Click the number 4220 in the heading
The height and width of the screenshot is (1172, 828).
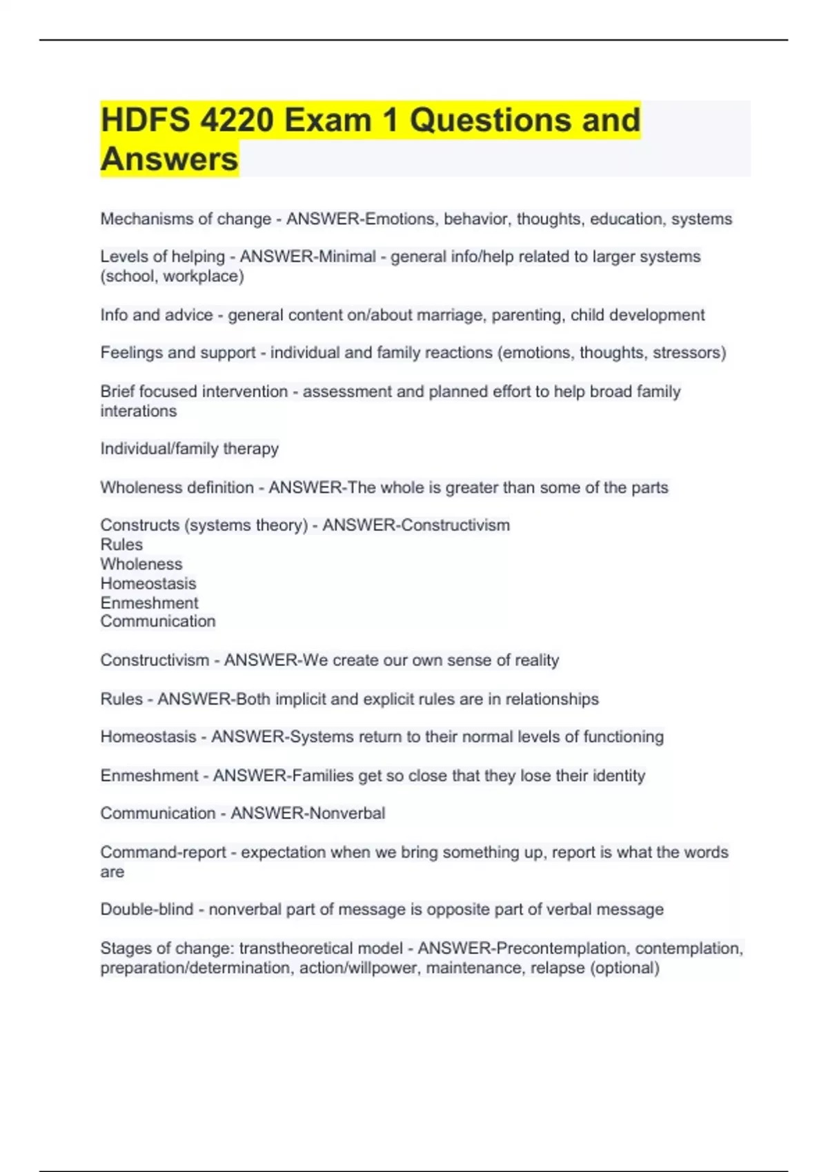237,120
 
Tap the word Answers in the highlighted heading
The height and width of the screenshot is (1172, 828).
169,159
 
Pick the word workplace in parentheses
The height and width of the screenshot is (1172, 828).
205,276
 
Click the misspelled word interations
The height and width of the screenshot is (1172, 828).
139,412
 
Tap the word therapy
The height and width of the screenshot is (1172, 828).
250,449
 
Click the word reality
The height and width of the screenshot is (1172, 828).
536,660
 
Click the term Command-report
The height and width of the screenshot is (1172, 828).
163,852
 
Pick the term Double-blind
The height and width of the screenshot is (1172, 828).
146,909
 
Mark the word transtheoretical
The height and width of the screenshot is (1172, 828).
320,949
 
